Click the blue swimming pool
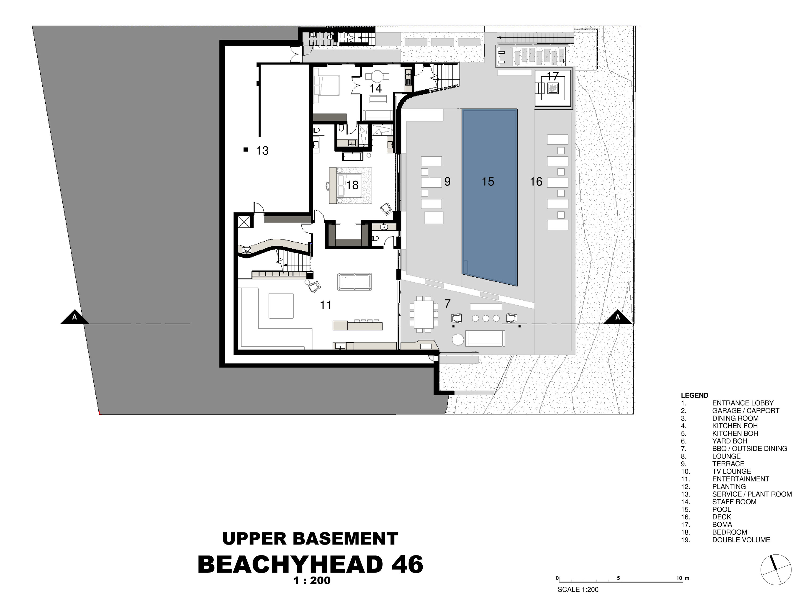(x=490, y=197)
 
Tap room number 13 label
(x=262, y=150)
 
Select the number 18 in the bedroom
(x=352, y=185)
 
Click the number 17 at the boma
(x=553, y=76)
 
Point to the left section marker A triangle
(x=75, y=317)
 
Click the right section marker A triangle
(x=618, y=317)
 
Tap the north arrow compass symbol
(x=776, y=570)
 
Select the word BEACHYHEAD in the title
(x=290, y=564)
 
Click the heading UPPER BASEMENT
(x=310, y=539)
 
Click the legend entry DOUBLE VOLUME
(x=741, y=540)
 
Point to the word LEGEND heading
(x=694, y=395)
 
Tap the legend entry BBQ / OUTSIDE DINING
(x=750, y=449)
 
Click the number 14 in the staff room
(x=375, y=88)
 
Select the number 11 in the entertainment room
(x=326, y=305)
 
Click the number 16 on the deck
(x=536, y=181)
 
